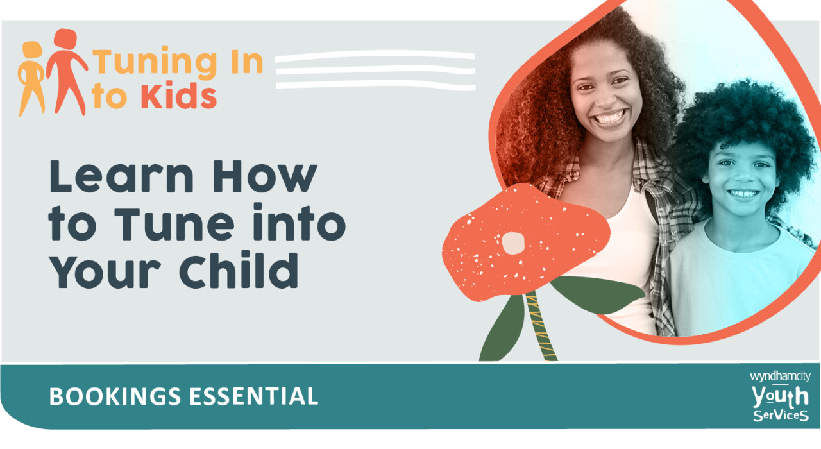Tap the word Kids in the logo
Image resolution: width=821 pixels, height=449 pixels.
[178, 96]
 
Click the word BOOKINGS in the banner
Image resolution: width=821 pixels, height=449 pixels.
[114, 396]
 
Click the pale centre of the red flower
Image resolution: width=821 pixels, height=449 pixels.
[513, 242]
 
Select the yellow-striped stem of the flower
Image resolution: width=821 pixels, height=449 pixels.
[537, 327]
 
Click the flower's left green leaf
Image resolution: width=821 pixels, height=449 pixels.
[504, 330]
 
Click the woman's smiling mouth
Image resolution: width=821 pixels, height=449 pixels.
[610, 119]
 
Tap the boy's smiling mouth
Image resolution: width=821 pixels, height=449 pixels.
[744, 193]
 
